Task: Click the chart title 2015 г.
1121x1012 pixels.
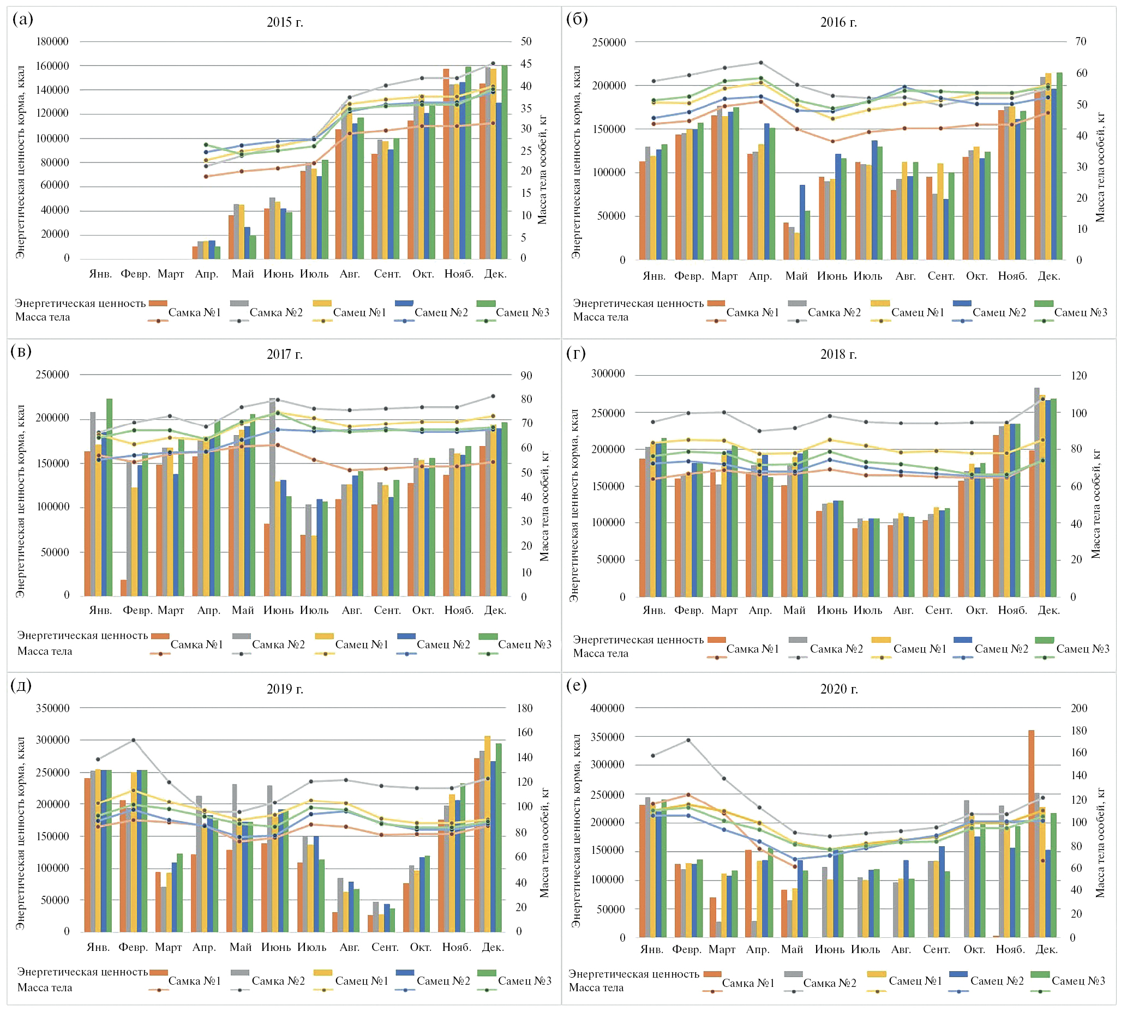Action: point(285,22)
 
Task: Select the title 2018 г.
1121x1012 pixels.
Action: point(838,354)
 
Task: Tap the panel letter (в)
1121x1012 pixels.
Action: point(21,351)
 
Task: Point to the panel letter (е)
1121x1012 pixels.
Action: point(577,685)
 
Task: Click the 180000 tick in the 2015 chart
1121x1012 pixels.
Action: point(52,41)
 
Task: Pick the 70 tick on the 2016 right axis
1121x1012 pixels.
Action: point(1081,41)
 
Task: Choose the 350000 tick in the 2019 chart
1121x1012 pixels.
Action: point(52,708)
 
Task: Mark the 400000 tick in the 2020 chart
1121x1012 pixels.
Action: point(607,708)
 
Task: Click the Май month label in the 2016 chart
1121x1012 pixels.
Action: point(796,276)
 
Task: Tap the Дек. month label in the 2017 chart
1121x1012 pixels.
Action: point(495,610)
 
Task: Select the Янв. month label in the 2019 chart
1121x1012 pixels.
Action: point(98,947)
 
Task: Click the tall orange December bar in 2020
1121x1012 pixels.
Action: point(1032,834)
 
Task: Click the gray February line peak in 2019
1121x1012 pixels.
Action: point(134,740)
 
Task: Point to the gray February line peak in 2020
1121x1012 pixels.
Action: point(688,740)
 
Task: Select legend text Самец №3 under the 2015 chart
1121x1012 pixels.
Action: point(522,312)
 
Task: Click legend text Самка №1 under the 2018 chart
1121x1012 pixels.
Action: point(752,649)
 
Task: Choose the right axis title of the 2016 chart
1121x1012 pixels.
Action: point(1100,167)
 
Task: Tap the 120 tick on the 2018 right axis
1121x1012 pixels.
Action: point(1079,376)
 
